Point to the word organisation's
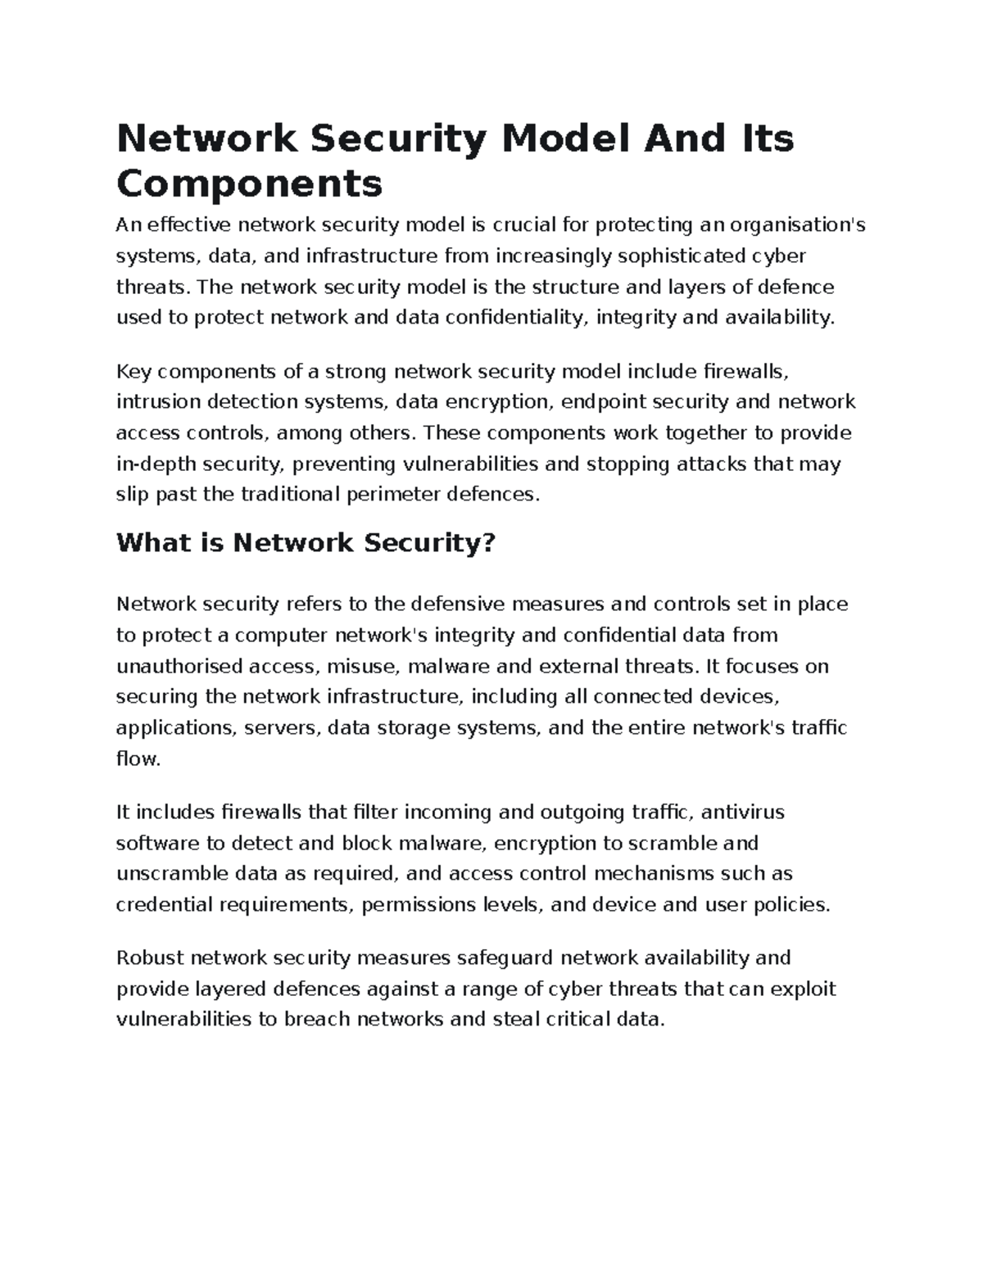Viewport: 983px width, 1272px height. click(798, 224)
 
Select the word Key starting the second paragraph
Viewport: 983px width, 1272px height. click(134, 372)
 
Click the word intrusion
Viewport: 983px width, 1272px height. click(157, 402)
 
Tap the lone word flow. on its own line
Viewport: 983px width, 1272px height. click(138, 759)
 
